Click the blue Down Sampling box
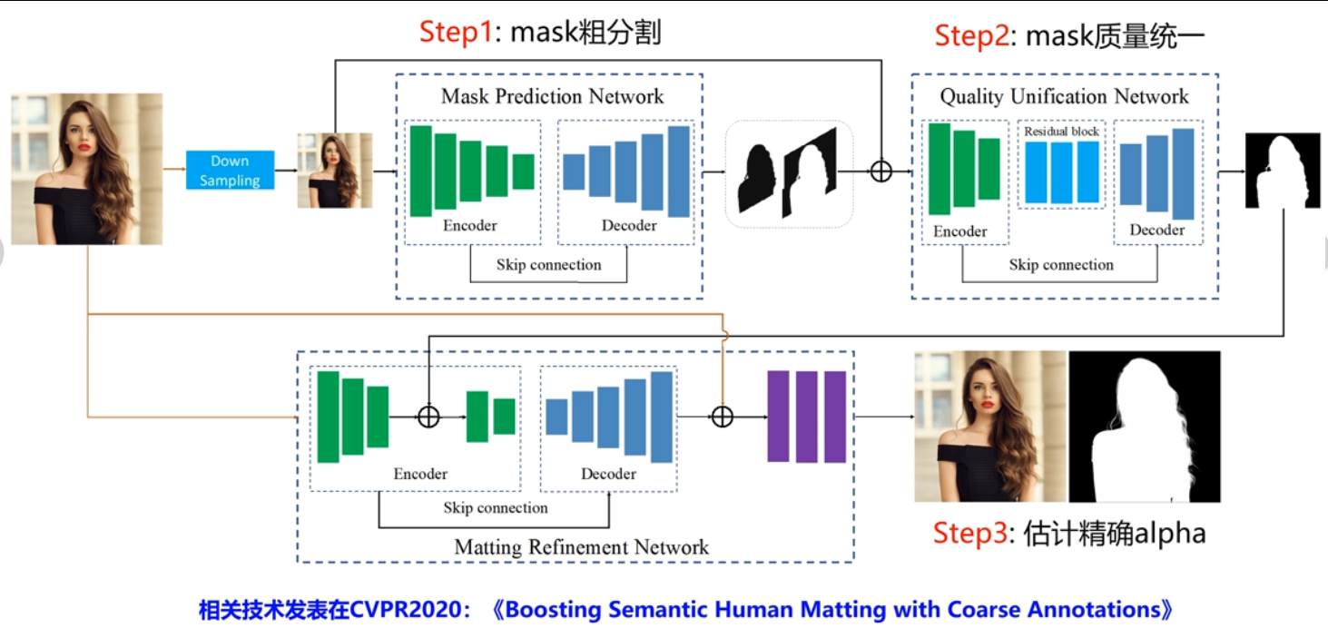230,171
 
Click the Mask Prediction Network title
552,96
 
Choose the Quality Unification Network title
1064,96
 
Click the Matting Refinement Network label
581,547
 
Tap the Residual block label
1061,132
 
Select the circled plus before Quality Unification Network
880,171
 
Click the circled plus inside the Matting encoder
428,417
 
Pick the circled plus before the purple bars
722,417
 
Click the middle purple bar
806,417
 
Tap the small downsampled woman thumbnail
334,171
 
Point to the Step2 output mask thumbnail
1283,171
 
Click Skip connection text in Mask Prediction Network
548,265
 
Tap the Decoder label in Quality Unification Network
1156,231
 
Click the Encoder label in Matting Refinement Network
420,474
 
